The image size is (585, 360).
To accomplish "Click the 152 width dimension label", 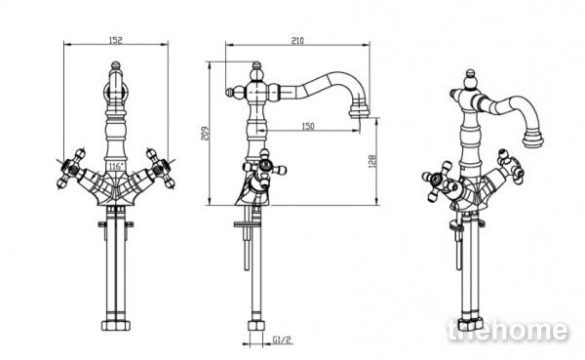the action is pos(116,40).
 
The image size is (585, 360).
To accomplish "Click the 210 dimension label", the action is pos(297,41).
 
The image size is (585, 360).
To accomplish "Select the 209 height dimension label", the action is pos(205,134).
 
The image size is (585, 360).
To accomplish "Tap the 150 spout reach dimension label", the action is pos(308,126).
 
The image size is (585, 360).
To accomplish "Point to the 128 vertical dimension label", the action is pos(372,161).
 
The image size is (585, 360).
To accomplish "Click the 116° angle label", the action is pos(115,166).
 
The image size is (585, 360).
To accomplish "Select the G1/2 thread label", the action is pos(282,340).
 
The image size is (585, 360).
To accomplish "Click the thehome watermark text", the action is pos(507,330).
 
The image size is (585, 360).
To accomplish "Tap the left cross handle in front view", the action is pos(71,169).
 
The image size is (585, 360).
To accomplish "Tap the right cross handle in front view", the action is pos(161,169).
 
